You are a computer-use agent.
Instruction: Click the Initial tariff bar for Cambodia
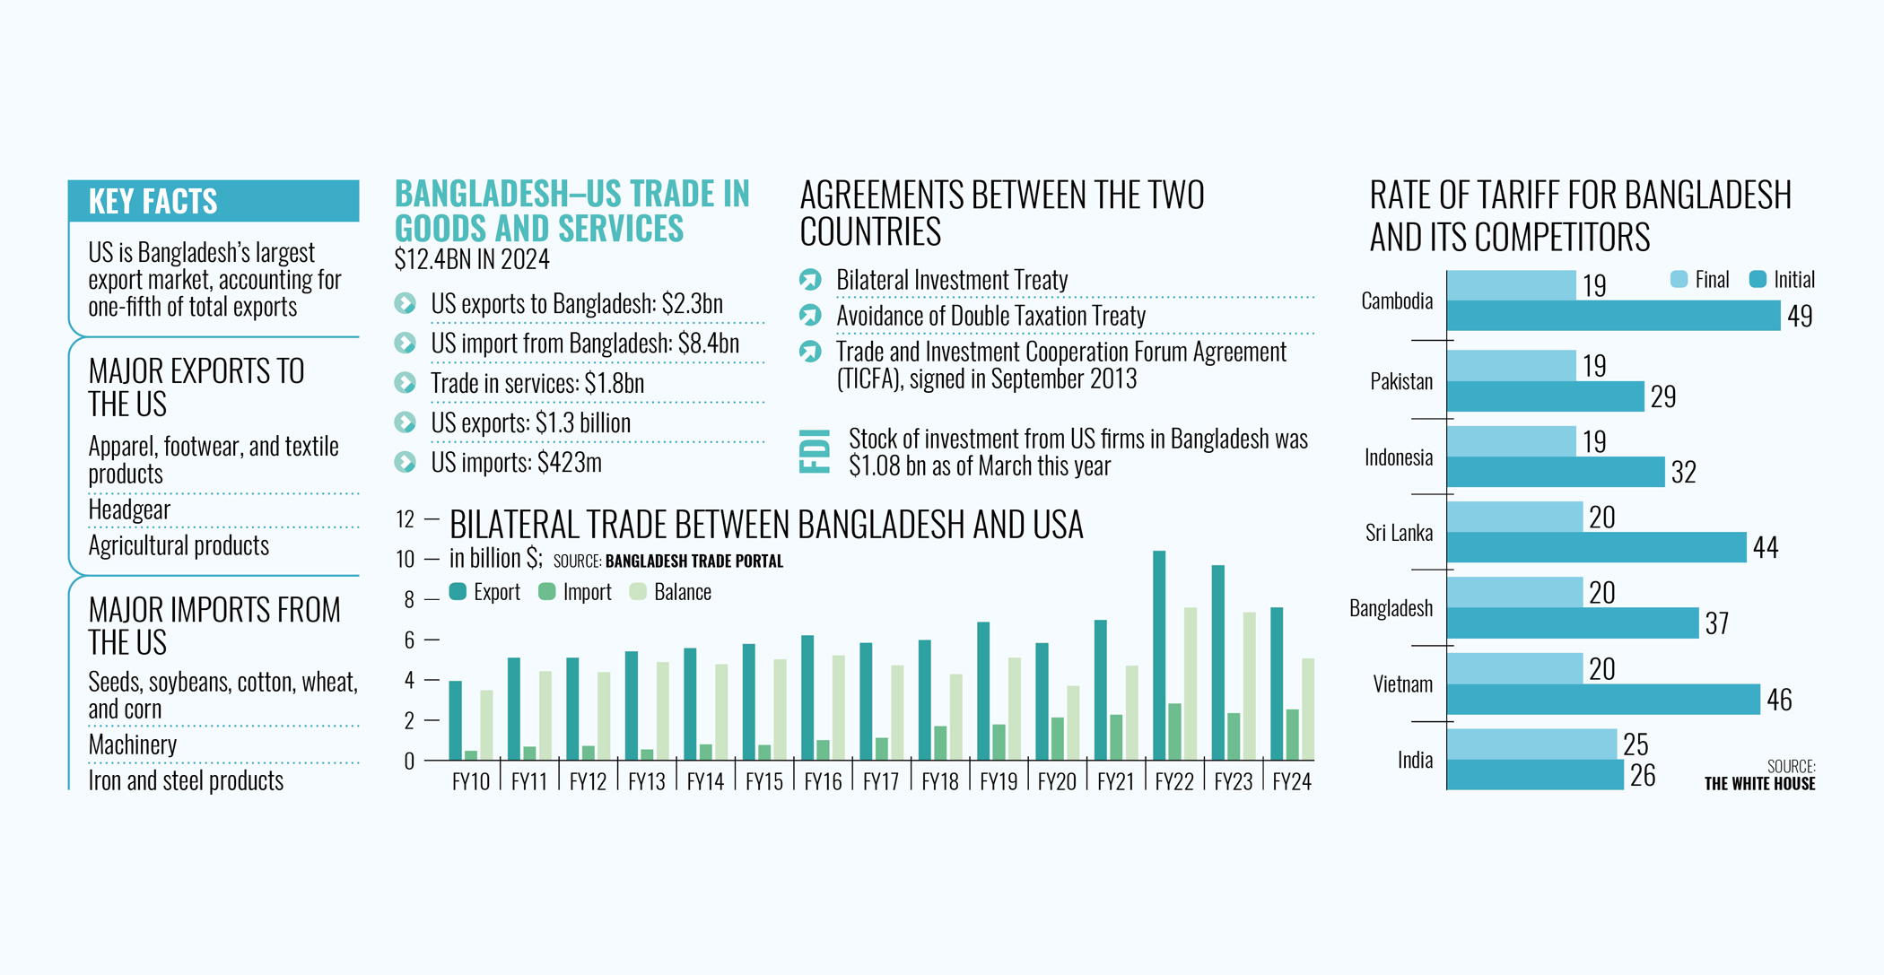point(1613,316)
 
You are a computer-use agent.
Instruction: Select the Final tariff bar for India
point(1531,744)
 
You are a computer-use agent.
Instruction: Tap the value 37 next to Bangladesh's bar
point(1716,623)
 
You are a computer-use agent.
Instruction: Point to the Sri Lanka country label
point(1399,533)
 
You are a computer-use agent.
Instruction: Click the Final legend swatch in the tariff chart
point(1679,280)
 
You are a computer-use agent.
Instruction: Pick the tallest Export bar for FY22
point(1159,655)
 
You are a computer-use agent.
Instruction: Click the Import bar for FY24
point(1292,735)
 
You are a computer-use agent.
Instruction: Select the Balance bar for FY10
point(486,725)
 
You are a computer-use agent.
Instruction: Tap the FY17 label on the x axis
point(881,782)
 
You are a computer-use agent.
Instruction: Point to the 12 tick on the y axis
point(406,519)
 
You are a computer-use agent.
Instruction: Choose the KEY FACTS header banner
point(214,201)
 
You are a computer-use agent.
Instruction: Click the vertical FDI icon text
point(815,451)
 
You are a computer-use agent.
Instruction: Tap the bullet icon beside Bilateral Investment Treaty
point(810,280)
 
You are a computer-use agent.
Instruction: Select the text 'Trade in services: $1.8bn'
point(537,383)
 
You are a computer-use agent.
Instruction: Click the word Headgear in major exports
point(129,509)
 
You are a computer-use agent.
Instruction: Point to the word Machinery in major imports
point(133,744)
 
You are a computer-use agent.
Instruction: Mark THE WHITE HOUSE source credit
point(1759,784)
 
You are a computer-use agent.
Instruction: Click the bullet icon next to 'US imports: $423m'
point(406,462)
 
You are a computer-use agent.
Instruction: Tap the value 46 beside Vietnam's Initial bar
point(1779,700)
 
